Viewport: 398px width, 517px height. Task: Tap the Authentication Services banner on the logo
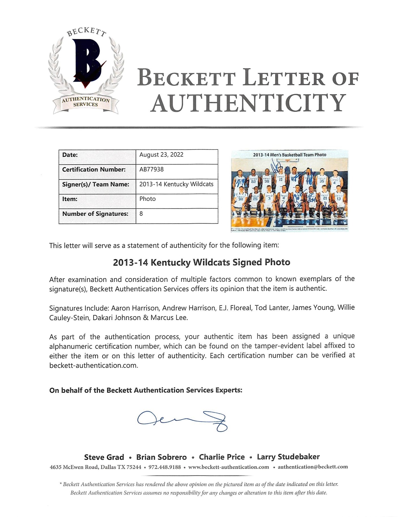[85, 102]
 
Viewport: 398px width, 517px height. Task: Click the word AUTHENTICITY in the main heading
[248, 103]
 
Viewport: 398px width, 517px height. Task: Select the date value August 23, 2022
[161, 155]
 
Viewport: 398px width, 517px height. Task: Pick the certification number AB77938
[151, 169]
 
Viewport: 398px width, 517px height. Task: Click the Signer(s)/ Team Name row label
[96, 184]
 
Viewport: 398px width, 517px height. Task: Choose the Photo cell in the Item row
[147, 199]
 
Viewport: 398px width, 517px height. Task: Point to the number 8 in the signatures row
[141, 214]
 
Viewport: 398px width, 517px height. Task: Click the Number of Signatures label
[95, 214]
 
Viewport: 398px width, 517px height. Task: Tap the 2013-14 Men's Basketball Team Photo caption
[290, 155]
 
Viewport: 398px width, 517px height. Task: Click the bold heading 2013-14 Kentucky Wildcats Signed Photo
[202, 262]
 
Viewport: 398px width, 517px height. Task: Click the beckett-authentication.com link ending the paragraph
[93, 365]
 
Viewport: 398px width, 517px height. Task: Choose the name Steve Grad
[104, 457]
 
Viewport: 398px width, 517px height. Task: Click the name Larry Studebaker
[288, 457]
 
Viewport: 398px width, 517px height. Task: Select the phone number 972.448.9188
[164, 467]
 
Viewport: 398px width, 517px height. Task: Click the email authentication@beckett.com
[313, 467]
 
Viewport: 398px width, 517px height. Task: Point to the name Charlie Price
[222, 457]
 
